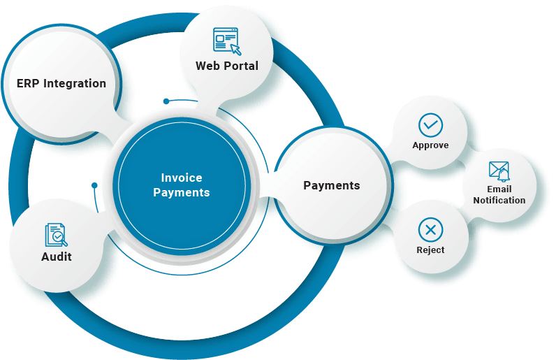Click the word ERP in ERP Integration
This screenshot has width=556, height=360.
(28, 84)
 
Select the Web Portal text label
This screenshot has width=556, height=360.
(227, 66)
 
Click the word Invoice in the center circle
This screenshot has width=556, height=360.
(182, 178)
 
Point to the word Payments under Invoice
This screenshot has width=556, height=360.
(182, 192)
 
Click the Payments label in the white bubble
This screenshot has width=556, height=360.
(332, 185)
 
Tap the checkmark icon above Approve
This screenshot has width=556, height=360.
(430, 125)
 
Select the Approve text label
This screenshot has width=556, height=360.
(430, 145)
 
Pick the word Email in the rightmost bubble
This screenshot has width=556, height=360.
(499, 189)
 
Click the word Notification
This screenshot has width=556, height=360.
(499, 201)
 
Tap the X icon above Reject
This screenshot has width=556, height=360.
(430, 229)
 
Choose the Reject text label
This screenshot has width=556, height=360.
(430, 250)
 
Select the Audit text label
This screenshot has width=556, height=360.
(57, 257)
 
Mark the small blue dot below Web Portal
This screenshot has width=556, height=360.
(166, 101)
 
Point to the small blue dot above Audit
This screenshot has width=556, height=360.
(94, 185)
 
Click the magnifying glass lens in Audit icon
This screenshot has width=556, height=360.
(61, 239)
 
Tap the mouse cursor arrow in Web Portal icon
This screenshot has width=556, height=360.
(235, 49)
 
